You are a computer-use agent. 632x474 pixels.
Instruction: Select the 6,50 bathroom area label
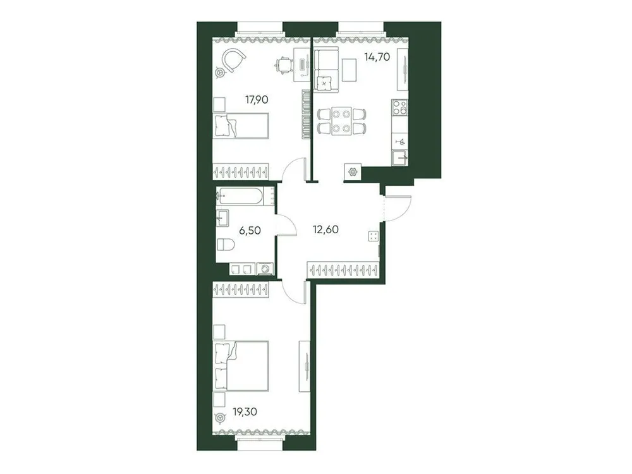(249, 231)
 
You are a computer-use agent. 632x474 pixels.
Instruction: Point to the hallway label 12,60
(326, 229)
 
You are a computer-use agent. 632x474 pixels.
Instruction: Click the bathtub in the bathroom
(241, 197)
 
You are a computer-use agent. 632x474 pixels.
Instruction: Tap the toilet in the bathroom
(225, 243)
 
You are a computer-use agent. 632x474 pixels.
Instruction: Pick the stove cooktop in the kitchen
(399, 109)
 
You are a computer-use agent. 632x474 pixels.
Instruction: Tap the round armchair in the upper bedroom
(233, 60)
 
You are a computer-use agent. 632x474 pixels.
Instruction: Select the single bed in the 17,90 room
(241, 126)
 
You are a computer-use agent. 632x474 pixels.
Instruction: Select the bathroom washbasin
(222, 218)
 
